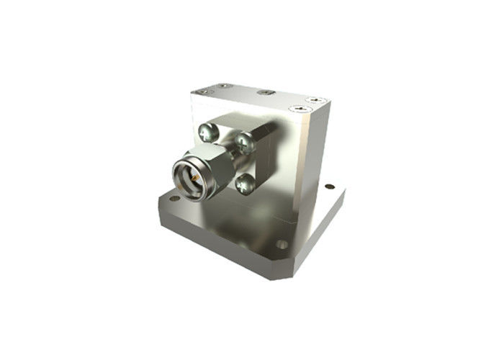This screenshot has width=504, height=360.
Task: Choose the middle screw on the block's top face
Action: click(266, 92)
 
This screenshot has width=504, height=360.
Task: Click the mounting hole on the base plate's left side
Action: click(174, 197)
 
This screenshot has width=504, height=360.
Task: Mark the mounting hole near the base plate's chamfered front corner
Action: click(282, 244)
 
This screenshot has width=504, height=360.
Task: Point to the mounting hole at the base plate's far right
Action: click(330, 186)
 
